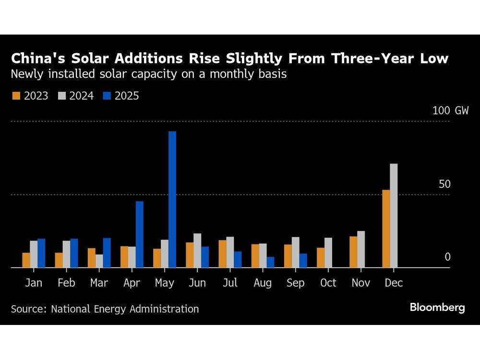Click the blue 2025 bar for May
[x=172, y=199]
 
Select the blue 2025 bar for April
[x=139, y=234]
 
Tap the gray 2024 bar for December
[x=394, y=216]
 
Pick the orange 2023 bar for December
[x=386, y=228]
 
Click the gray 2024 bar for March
[x=99, y=261]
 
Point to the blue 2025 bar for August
[x=270, y=262]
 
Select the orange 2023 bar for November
[x=353, y=252]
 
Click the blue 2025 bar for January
[x=41, y=253]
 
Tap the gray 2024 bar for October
[x=328, y=252]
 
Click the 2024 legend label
[x=81, y=96]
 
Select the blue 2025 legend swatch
[x=107, y=96]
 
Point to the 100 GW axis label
[x=450, y=110]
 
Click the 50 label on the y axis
[x=444, y=184]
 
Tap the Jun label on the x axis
[x=197, y=283]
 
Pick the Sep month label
[x=295, y=283]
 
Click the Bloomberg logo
[x=437, y=308]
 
